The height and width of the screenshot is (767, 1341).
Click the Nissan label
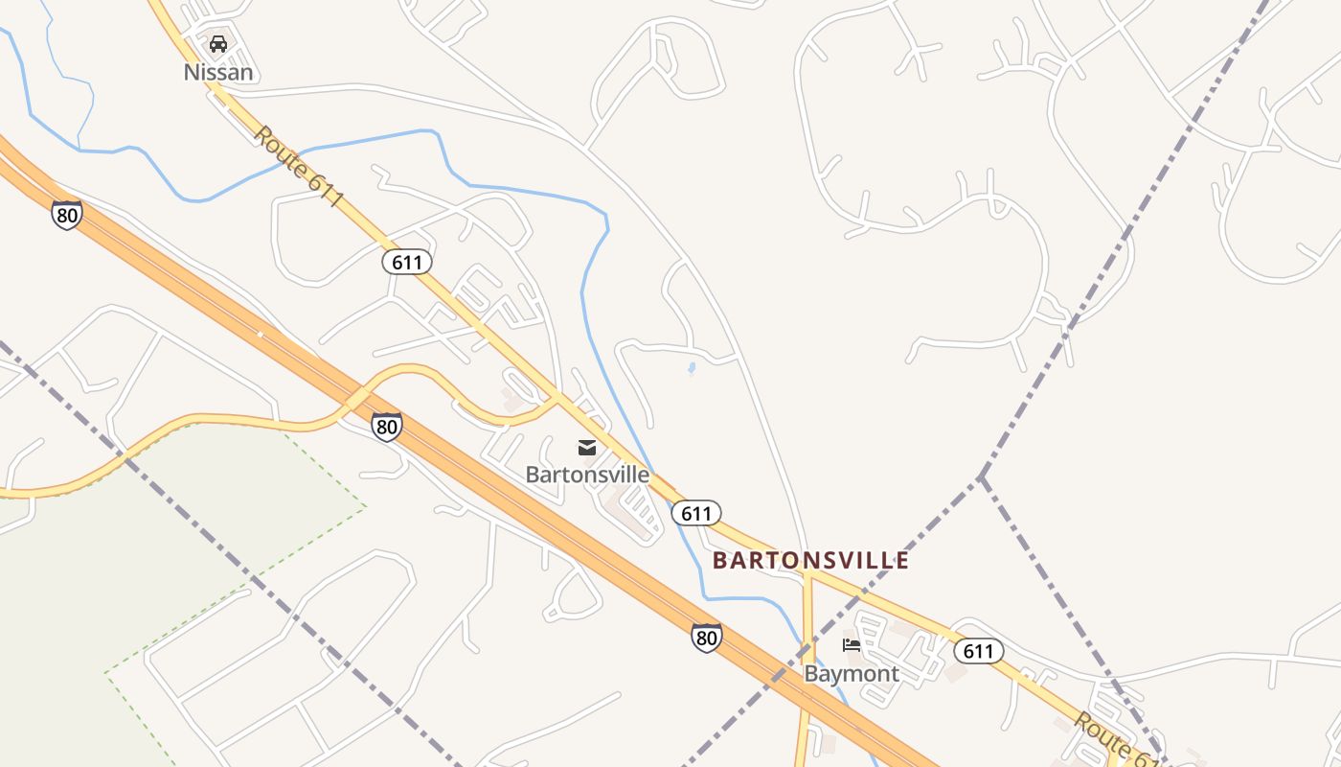click(x=218, y=72)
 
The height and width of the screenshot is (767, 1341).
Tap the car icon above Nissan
click(x=218, y=44)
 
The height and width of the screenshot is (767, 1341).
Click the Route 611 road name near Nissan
click(x=298, y=166)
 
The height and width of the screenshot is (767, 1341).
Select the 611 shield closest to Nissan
click(x=407, y=262)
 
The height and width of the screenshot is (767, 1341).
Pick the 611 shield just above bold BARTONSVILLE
click(x=696, y=513)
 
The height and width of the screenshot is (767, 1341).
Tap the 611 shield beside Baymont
click(x=978, y=652)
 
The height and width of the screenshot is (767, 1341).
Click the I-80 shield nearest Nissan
click(x=67, y=215)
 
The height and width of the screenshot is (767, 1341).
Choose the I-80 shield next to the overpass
click(x=387, y=427)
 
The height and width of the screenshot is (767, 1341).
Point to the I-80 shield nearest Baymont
click(x=706, y=638)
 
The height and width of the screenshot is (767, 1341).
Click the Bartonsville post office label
click(x=587, y=475)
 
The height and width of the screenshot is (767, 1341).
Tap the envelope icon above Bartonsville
click(x=587, y=448)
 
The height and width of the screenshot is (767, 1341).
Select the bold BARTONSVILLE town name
click(x=810, y=561)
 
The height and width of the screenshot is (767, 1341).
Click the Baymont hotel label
click(x=852, y=674)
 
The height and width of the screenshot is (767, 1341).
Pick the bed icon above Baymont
click(x=852, y=645)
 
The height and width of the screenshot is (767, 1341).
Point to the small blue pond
click(x=692, y=368)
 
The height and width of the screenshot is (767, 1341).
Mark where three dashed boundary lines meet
click(x=981, y=476)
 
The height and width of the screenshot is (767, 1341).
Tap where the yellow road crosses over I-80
click(x=356, y=399)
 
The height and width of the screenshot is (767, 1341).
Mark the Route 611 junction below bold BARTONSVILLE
click(x=807, y=573)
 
